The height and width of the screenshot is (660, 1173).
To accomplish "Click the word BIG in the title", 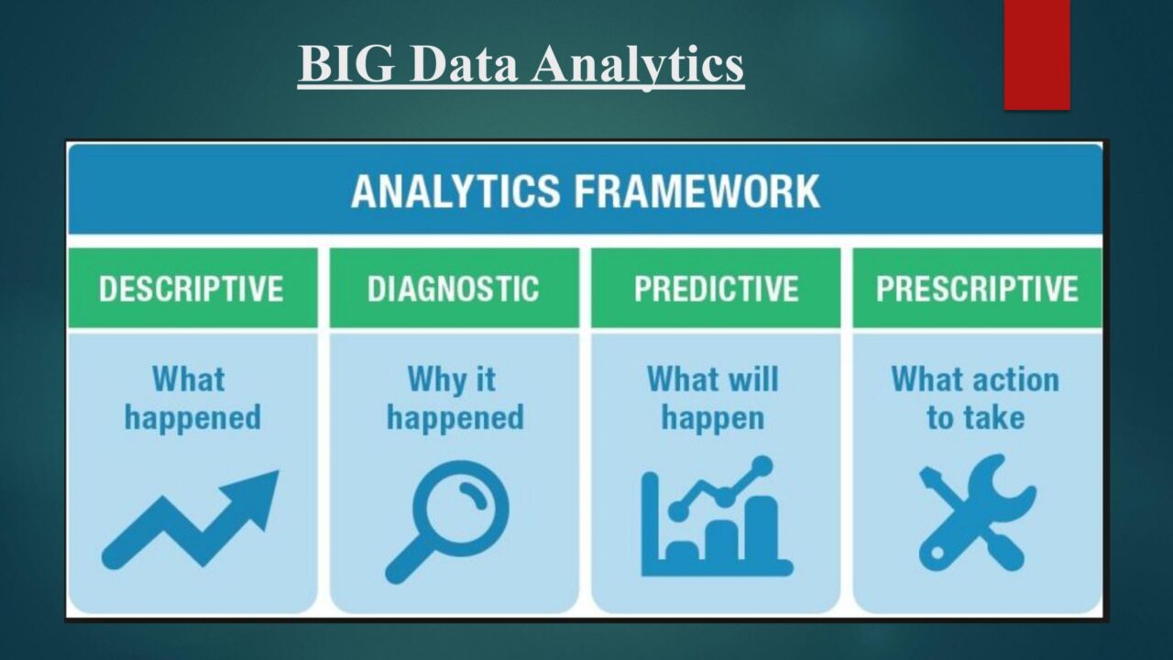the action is pos(346,64).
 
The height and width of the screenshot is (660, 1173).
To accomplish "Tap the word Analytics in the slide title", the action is pos(638,65).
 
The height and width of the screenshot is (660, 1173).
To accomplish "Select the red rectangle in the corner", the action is pos(1036,55).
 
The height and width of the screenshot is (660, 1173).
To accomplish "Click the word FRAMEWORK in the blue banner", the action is pos(697,192).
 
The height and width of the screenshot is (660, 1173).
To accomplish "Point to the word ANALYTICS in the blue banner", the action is pos(455,192).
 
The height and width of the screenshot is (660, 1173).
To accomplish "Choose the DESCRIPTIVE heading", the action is pos(192,289).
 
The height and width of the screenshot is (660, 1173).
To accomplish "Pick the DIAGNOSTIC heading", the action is pos(453,289).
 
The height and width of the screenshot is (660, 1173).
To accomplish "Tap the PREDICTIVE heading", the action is pos(717,289).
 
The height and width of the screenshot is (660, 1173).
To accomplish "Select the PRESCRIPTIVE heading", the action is pos(977,289).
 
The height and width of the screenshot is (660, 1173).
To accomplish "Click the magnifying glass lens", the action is pos(461,508).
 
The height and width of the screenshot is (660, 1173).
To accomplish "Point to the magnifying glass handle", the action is pos(410,560).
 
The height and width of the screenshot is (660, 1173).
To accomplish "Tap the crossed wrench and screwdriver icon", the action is pos(977,513).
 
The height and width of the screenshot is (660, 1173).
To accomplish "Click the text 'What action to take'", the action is pos(975,399).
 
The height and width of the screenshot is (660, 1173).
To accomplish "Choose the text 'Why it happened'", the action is pos(455,399).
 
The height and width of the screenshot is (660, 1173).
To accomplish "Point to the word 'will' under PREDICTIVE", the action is pos(756,379).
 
